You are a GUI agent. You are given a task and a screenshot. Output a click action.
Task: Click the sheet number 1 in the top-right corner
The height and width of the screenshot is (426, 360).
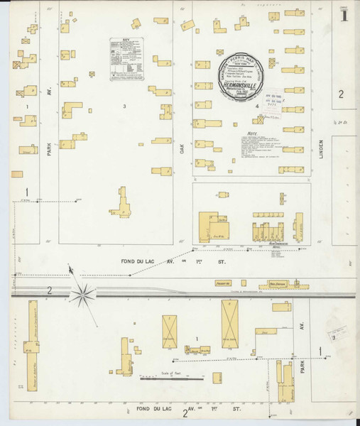click(344, 13)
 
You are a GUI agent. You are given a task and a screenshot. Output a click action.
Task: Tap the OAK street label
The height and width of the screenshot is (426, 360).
click(182, 150)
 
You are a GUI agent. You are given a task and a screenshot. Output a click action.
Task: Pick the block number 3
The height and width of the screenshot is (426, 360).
click(124, 106)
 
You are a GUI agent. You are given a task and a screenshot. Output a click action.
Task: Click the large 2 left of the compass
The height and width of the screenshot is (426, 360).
click(50, 290)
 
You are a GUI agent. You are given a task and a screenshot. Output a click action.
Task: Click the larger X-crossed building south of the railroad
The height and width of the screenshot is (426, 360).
click(231, 323)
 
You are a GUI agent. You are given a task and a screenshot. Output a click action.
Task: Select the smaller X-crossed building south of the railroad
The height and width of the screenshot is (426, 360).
click(170, 332)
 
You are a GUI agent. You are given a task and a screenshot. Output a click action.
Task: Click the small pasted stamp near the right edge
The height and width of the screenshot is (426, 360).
click(337, 334)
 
